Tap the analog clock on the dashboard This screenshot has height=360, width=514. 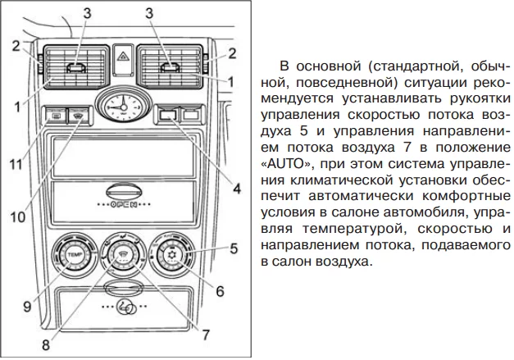click(x=120, y=106)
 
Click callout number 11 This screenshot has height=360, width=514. click(x=15, y=164)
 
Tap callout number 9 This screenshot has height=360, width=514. click(x=26, y=307)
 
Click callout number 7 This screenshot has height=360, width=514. click(x=206, y=334)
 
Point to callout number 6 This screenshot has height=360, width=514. click(x=219, y=290)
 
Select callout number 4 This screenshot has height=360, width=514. click(x=236, y=189)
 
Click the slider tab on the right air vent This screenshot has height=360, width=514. click(x=173, y=69)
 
